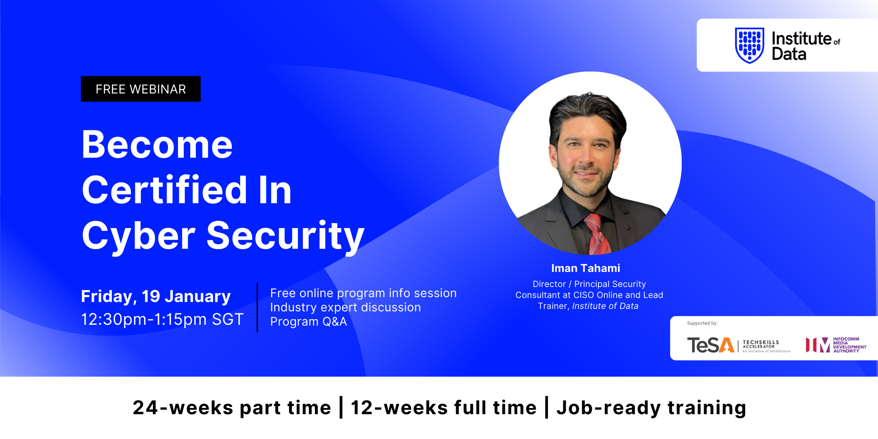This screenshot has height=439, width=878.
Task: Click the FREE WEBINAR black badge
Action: coord(141,89)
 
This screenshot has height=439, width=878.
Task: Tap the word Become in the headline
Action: coord(157,145)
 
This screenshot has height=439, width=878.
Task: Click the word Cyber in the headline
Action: coord(139,237)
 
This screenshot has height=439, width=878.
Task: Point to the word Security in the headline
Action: coord(286,237)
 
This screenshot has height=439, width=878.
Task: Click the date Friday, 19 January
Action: coord(156,297)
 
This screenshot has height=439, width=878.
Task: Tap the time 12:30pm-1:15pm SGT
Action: coord(162,319)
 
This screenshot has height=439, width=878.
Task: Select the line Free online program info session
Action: coord(363,293)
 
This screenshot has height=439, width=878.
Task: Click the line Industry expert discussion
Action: coord(346,307)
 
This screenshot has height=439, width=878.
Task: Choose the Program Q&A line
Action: coord(309,322)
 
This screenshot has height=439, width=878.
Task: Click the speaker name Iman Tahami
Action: coord(586,268)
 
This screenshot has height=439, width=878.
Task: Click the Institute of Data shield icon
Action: coord(750,45)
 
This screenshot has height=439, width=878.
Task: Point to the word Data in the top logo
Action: coord(789,54)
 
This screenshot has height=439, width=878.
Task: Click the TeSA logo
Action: coord(739,345)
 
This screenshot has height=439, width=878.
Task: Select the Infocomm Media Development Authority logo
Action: coord(836,345)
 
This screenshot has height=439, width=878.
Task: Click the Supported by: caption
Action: coord(702,324)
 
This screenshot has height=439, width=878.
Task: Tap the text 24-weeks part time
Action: coord(232,408)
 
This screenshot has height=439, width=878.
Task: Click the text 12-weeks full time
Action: coord(444,408)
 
